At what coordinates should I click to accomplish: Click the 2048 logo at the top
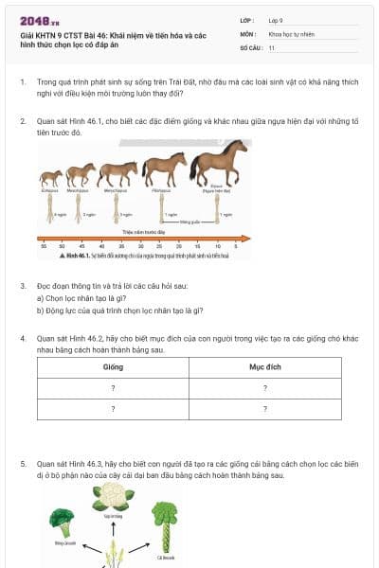(33, 20)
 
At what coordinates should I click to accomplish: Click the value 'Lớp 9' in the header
(277, 20)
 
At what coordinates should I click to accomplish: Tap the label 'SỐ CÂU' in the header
(249, 46)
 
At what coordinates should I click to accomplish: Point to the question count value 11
(272, 46)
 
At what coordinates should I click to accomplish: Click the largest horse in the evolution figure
(219, 160)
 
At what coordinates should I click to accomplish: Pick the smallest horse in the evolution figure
(50, 177)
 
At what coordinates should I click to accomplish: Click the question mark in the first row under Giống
(113, 387)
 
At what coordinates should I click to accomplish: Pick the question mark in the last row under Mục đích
(264, 409)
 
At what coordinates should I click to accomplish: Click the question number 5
(23, 464)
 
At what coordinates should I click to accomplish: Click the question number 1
(23, 83)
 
